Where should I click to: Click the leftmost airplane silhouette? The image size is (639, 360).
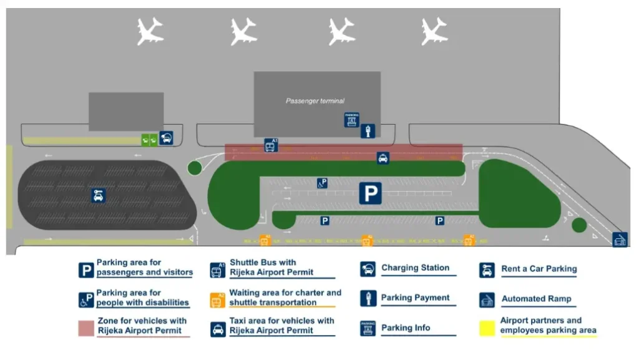[x=150, y=31]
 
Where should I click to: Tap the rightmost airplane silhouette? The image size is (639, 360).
[x=434, y=31]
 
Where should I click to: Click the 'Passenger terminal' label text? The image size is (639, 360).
[x=315, y=101]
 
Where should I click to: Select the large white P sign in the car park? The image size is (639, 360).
[x=370, y=193]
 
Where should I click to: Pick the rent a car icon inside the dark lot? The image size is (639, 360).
[x=98, y=195]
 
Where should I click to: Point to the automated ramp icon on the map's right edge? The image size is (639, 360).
[x=619, y=240]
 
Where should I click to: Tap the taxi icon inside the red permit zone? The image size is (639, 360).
[x=383, y=158]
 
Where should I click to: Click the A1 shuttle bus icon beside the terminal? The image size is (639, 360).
[x=270, y=146]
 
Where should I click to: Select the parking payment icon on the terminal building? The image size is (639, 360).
[x=368, y=131]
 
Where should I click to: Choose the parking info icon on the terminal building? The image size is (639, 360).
[x=352, y=120]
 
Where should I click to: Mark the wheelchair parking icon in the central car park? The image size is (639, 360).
[x=322, y=183]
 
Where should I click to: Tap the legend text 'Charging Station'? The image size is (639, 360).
[x=415, y=268]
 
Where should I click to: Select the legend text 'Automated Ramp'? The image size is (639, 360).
[x=536, y=299]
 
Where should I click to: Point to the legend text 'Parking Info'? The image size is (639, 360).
[x=405, y=328]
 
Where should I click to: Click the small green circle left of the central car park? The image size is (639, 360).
[x=194, y=167]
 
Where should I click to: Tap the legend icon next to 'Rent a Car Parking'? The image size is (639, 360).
[x=487, y=270]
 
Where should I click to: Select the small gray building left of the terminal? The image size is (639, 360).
[x=126, y=112]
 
